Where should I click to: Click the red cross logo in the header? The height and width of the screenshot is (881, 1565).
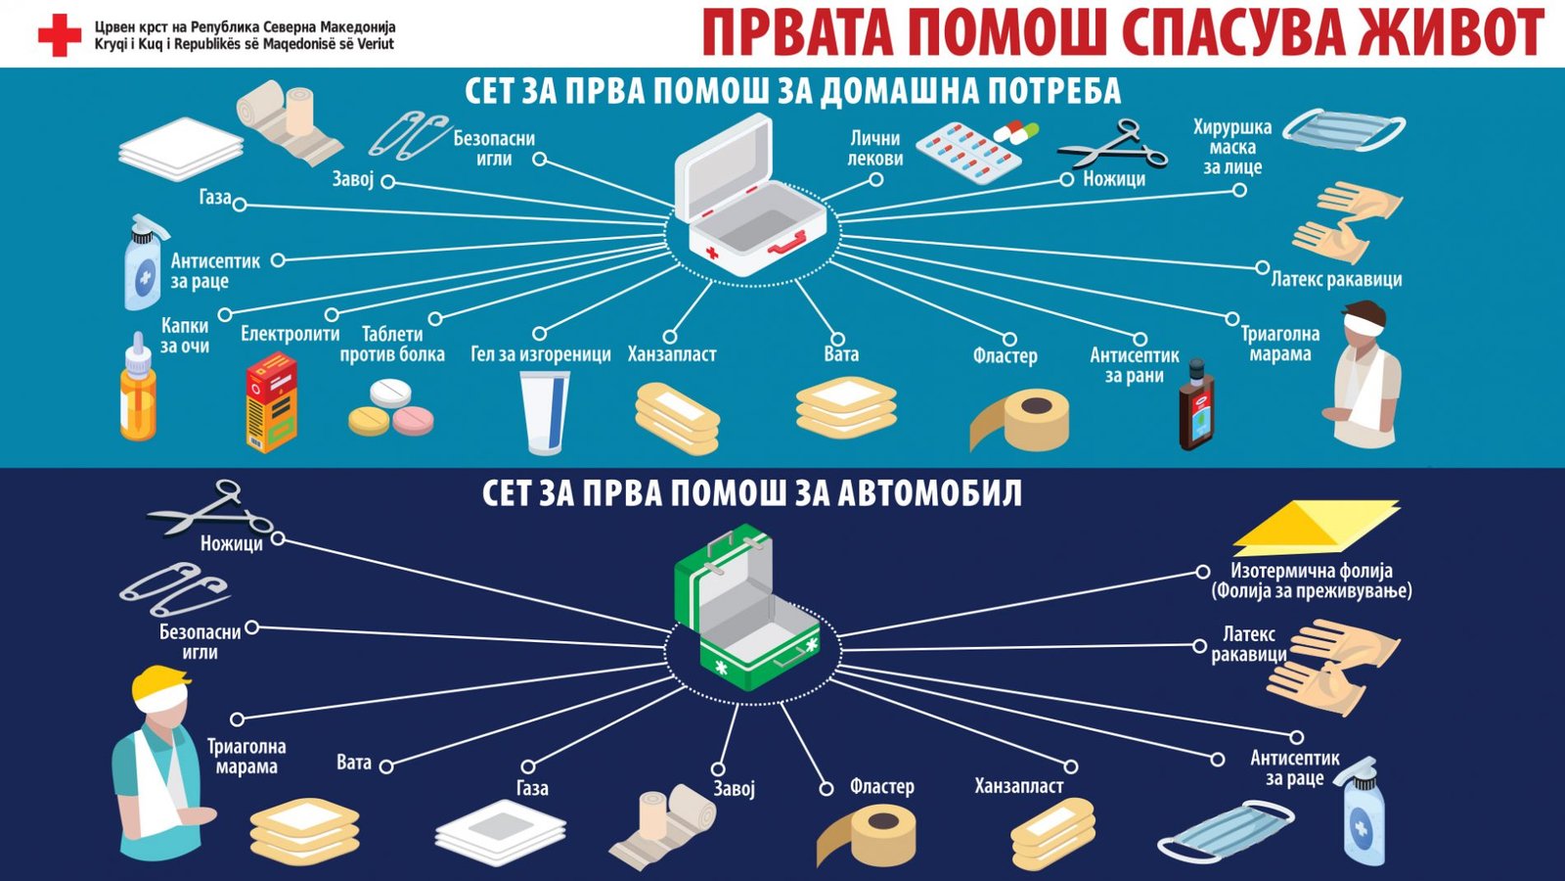click(x=60, y=36)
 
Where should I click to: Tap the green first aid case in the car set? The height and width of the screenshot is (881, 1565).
click(x=747, y=607)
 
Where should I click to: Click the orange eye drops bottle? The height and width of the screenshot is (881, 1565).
click(x=138, y=388)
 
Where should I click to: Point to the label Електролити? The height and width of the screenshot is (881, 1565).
click(x=291, y=334)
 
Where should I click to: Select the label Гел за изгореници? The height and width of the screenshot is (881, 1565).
click(x=541, y=354)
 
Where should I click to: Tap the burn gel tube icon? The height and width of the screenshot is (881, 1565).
click(x=544, y=412)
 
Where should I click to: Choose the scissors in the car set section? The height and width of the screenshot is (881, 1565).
click(x=209, y=509)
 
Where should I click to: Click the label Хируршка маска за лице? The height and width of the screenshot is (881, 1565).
click(x=1232, y=147)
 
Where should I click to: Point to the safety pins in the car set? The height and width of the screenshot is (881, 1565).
click(x=174, y=590)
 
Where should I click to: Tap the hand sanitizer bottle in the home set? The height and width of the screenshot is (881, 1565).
click(x=143, y=263)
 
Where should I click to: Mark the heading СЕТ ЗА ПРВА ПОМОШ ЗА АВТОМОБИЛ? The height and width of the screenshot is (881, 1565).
click(x=752, y=492)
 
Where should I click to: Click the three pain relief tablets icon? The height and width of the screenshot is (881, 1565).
click(x=391, y=408)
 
